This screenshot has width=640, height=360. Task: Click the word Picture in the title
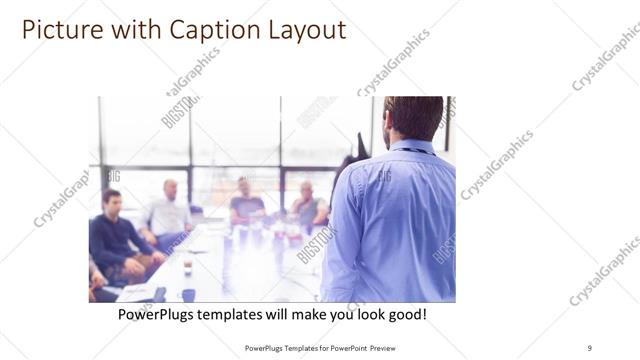(x=58, y=30)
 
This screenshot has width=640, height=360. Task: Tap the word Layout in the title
(x=298, y=30)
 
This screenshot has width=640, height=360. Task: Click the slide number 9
(x=589, y=347)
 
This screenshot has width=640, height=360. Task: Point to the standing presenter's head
(x=412, y=118)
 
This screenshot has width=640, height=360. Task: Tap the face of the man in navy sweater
(x=112, y=199)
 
